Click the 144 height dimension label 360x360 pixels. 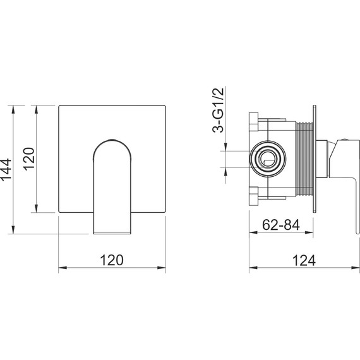click(x=6, y=169)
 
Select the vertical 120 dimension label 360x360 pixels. click(x=29, y=159)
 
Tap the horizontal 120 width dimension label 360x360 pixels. click(x=112, y=260)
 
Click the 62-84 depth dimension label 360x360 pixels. click(x=281, y=225)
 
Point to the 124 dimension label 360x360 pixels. click(x=304, y=260)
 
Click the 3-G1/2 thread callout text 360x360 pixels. click(x=218, y=110)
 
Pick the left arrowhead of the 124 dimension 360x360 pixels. click(x=253, y=268)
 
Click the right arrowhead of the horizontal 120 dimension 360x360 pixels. click(x=162, y=268)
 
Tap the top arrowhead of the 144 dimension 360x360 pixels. click(x=13, y=109)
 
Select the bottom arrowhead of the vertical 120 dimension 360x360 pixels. click(x=36, y=208)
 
